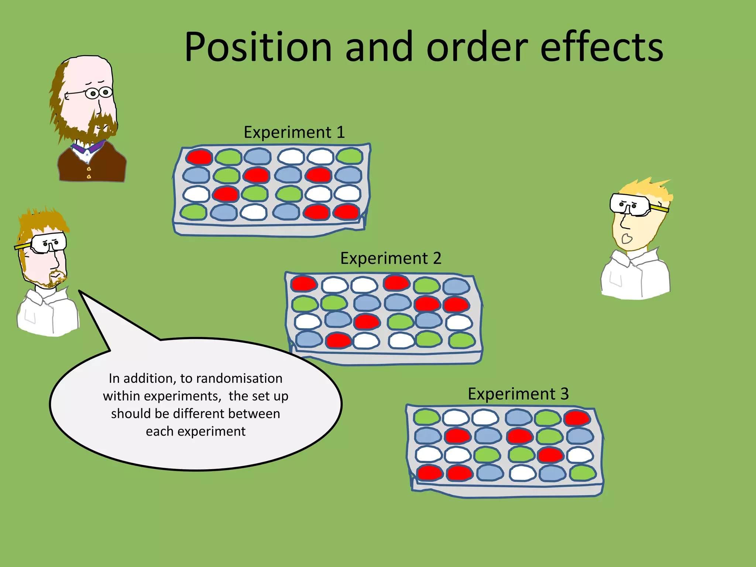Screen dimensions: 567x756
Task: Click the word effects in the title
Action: click(x=602, y=47)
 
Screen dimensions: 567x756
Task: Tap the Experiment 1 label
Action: click(x=294, y=132)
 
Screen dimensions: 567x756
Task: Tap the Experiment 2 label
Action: click(x=391, y=258)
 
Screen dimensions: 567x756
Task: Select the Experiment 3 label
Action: click(x=518, y=394)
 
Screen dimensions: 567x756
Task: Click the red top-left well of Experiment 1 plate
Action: click(x=199, y=157)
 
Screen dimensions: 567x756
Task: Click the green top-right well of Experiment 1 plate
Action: click(x=349, y=156)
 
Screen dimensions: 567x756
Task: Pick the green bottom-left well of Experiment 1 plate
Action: click(x=193, y=212)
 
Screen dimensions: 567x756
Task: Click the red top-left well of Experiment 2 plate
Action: click(x=303, y=283)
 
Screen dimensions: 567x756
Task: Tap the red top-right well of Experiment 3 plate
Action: click(x=577, y=418)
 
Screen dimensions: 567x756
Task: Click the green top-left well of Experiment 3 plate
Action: click(x=426, y=417)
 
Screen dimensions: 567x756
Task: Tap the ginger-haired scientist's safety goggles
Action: click(x=48, y=243)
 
